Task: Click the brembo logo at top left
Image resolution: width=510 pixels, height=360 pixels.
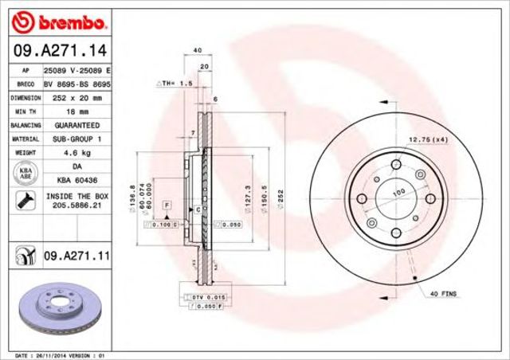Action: point(57,19)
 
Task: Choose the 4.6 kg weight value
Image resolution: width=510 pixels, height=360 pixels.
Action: point(76,154)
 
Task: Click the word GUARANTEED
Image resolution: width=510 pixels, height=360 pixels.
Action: point(76,125)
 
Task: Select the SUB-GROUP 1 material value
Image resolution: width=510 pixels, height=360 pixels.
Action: point(76,139)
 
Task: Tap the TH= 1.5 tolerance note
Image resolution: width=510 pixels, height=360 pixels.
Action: point(175,82)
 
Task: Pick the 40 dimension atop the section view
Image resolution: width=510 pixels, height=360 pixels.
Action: point(196,50)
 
